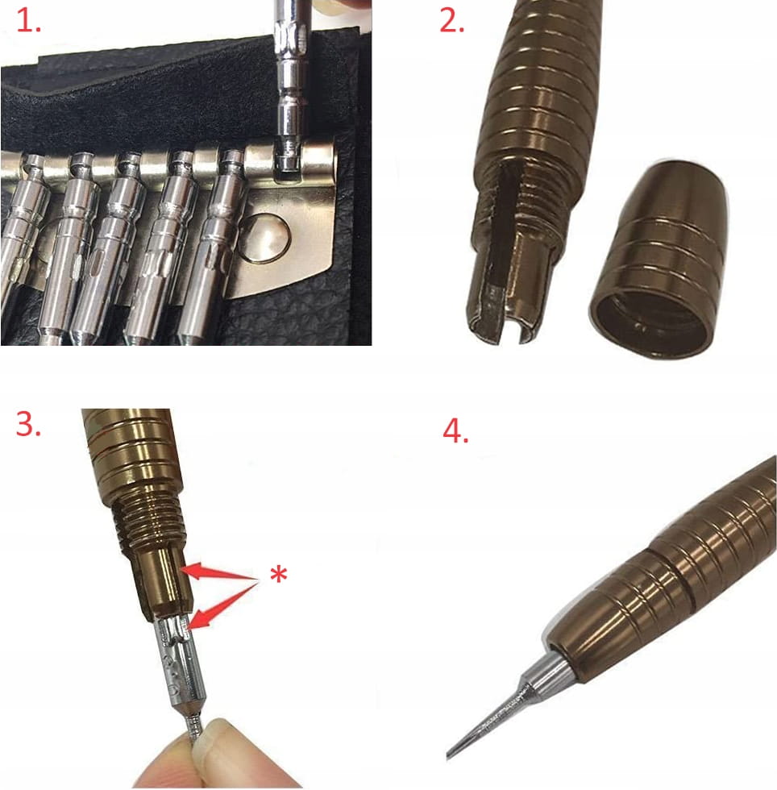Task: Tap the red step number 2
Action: pyautogui.click(x=452, y=21)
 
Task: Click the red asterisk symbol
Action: pyautogui.click(x=279, y=574)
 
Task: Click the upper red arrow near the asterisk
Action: pyautogui.click(x=220, y=573)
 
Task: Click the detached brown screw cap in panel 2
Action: pyautogui.click(x=658, y=260)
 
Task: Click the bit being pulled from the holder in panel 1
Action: pyautogui.click(x=289, y=85)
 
